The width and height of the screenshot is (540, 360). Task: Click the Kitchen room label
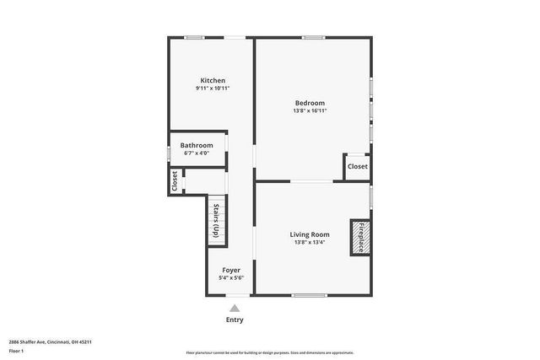[x=212, y=80]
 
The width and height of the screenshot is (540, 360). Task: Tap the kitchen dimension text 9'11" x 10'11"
[x=212, y=88]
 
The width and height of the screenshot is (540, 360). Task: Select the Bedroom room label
[x=309, y=103]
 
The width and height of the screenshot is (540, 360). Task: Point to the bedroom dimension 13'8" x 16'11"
[x=309, y=110]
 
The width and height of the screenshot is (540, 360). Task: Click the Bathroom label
[x=197, y=145]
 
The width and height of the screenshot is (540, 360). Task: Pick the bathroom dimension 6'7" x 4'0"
[x=197, y=153]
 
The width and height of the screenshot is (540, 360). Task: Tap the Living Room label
[x=309, y=234]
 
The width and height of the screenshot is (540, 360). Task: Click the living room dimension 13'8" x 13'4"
[x=309, y=242]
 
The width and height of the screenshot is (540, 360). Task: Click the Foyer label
[x=231, y=270]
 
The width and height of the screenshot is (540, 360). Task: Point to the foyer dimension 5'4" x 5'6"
[x=231, y=277]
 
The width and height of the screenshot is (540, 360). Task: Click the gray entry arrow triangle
[x=235, y=309]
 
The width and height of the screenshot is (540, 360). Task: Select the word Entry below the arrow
[x=235, y=320]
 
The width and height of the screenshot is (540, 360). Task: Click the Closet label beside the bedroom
[x=357, y=167]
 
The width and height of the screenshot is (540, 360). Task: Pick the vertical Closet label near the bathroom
[x=175, y=181]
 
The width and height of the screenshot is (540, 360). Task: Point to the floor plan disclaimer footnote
[x=269, y=352]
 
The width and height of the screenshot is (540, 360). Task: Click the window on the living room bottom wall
[x=310, y=295]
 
